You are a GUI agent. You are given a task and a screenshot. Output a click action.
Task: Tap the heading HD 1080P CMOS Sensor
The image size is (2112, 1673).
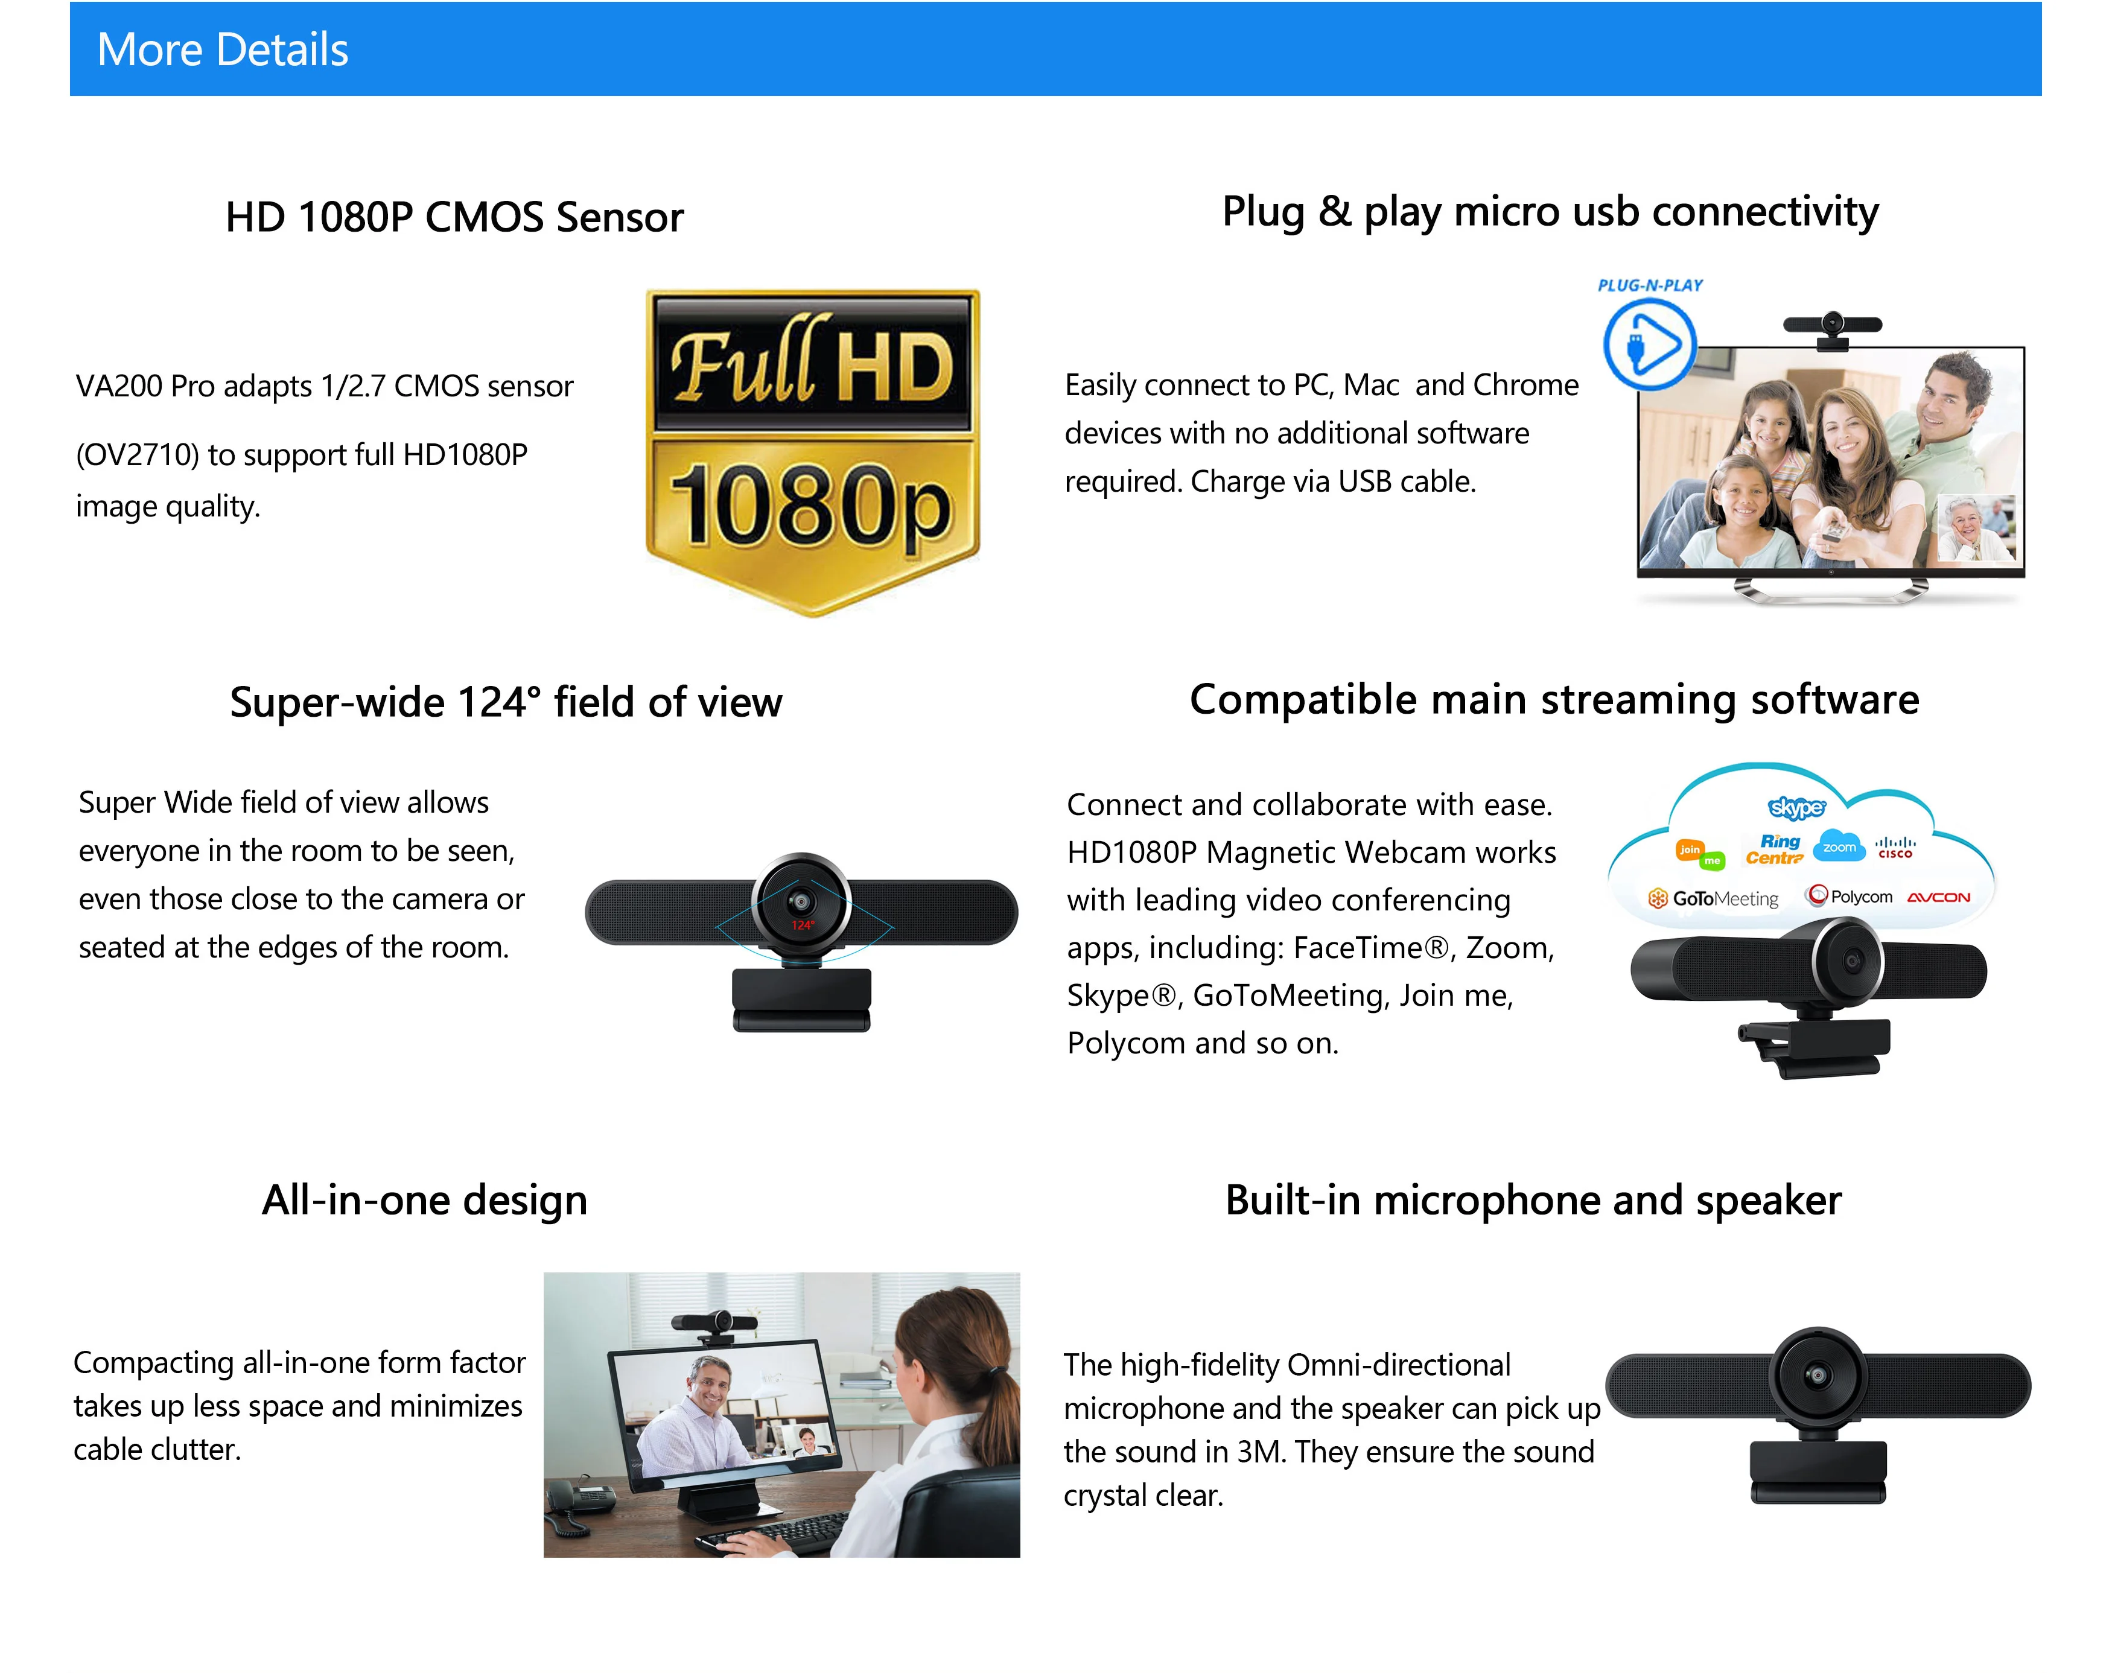[454, 217]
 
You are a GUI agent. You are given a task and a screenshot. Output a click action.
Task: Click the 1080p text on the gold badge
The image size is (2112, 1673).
[811, 504]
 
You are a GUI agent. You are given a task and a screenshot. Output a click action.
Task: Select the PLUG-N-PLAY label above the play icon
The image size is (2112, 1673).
[1650, 285]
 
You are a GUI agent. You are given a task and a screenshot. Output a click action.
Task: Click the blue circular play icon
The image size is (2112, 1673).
[1650, 344]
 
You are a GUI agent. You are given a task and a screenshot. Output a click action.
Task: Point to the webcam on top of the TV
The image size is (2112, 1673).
[1832, 327]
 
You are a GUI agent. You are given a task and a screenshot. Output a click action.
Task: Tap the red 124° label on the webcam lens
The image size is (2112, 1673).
[803, 925]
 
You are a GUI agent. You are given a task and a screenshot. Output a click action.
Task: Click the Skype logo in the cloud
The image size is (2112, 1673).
[1796, 807]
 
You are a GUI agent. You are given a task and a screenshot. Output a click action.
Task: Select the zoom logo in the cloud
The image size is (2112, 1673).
[1839, 847]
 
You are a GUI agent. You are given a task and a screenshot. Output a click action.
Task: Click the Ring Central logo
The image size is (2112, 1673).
[1775, 849]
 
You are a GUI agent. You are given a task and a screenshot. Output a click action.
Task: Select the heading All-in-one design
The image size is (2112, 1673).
[424, 1200]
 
